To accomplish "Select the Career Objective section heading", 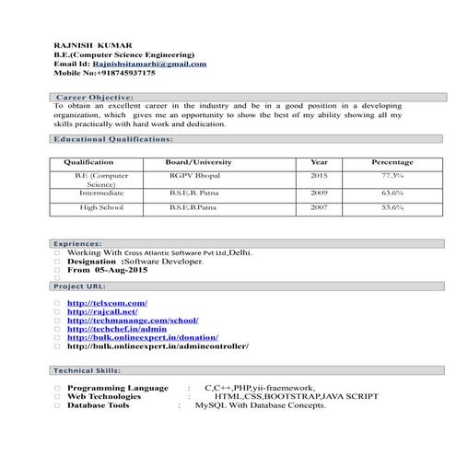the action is (x=95, y=97).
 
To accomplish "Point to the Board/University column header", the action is (x=198, y=162).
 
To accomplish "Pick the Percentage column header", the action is (x=392, y=162).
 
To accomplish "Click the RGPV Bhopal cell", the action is (x=193, y=175).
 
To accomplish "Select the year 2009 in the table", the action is (x=319, y=193).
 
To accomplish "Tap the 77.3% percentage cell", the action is (x=392, y=175).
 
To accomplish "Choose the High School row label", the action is (x=101, y=207).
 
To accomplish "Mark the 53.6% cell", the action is (x=392, y=207).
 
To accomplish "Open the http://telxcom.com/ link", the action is (x=107, y=303).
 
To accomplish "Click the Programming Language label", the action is (x=118, y=388).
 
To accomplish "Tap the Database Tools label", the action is (x=99, y=405).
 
